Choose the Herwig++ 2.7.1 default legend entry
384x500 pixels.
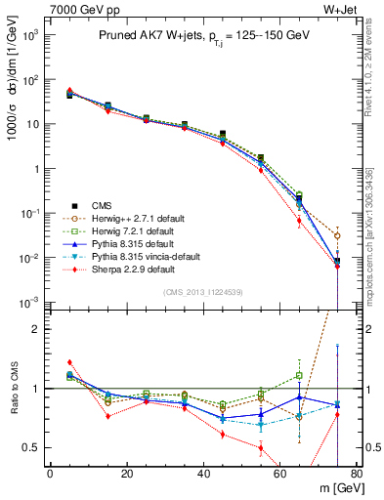click(130, 218)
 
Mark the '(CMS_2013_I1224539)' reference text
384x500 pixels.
click(202, 292)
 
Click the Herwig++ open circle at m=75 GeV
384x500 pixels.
click(337, 235)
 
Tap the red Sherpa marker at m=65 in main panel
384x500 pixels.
click(299, 221)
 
